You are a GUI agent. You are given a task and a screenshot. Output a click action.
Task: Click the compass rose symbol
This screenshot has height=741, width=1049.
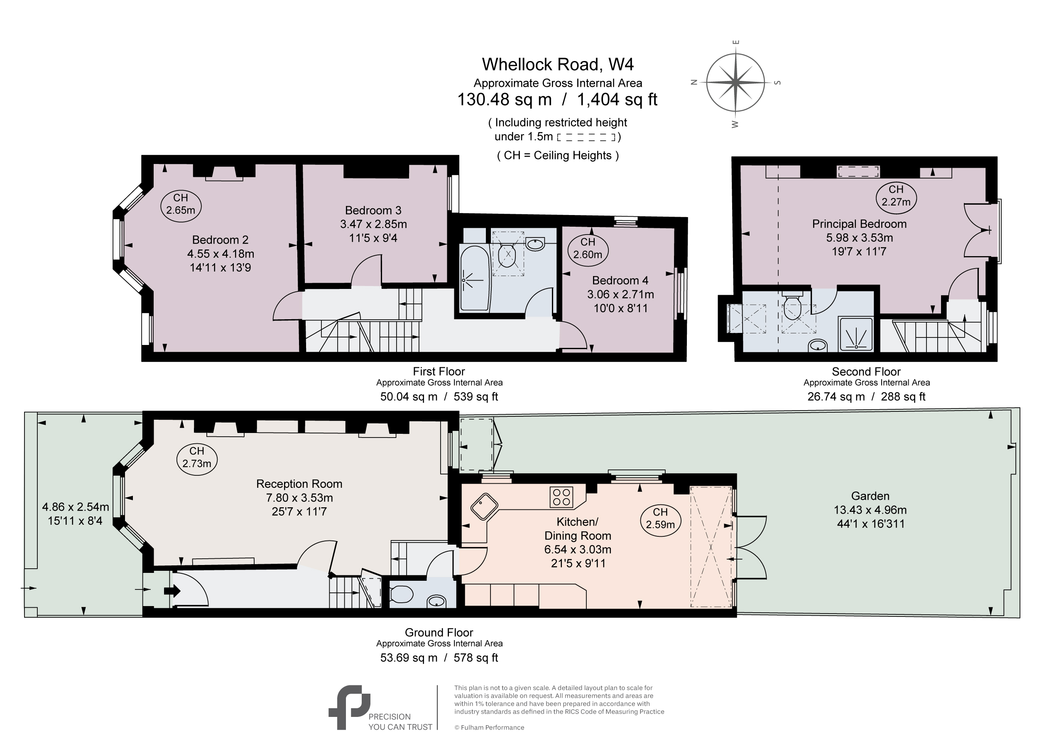pyautogui.click(x=735, y=83)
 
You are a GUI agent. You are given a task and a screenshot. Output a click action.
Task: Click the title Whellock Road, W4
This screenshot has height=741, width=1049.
pyautogui.click(x=558, y=64)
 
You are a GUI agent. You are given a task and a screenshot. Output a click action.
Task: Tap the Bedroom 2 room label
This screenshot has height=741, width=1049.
pyautogui.click(x=220, y=240)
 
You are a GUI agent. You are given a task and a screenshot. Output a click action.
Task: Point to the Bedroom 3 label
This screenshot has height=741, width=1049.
pyautogui.click(x=373, y=210)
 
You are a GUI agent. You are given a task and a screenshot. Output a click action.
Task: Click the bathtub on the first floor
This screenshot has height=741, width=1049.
pyautogui.click(x=475, y=279)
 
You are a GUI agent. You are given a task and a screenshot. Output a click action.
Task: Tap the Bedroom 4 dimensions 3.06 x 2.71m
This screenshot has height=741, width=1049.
pyautogui.click(x=620, y=294)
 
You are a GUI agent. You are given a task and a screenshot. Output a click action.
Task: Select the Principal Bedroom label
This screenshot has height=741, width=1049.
pyautogui.click(x=859, y=224)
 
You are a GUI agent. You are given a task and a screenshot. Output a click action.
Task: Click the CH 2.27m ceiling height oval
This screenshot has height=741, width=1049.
pyautogui.click(x=896, y=196)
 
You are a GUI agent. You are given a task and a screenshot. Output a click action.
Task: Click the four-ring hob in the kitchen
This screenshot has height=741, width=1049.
pyautogui.click(x=561, y=497)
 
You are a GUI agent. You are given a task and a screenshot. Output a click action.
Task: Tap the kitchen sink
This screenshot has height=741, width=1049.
pyautogui.click(x=484, y=506)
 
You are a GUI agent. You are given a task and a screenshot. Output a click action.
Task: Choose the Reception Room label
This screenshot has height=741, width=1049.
pyautogui.click(x=299, y=484)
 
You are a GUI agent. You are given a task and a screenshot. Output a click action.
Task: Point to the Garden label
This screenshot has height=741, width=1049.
pyautogui.click(x=870, y=496)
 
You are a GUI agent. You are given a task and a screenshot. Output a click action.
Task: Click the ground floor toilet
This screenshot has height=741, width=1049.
pyautogui.click(x=402, y=594)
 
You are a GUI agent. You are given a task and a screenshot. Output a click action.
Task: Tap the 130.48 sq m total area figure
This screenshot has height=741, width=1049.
pyautogui.click(x=505, y=99)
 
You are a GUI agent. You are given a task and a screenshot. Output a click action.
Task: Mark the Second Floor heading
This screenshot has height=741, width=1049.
pyautogui.click(x=866, y=372)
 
